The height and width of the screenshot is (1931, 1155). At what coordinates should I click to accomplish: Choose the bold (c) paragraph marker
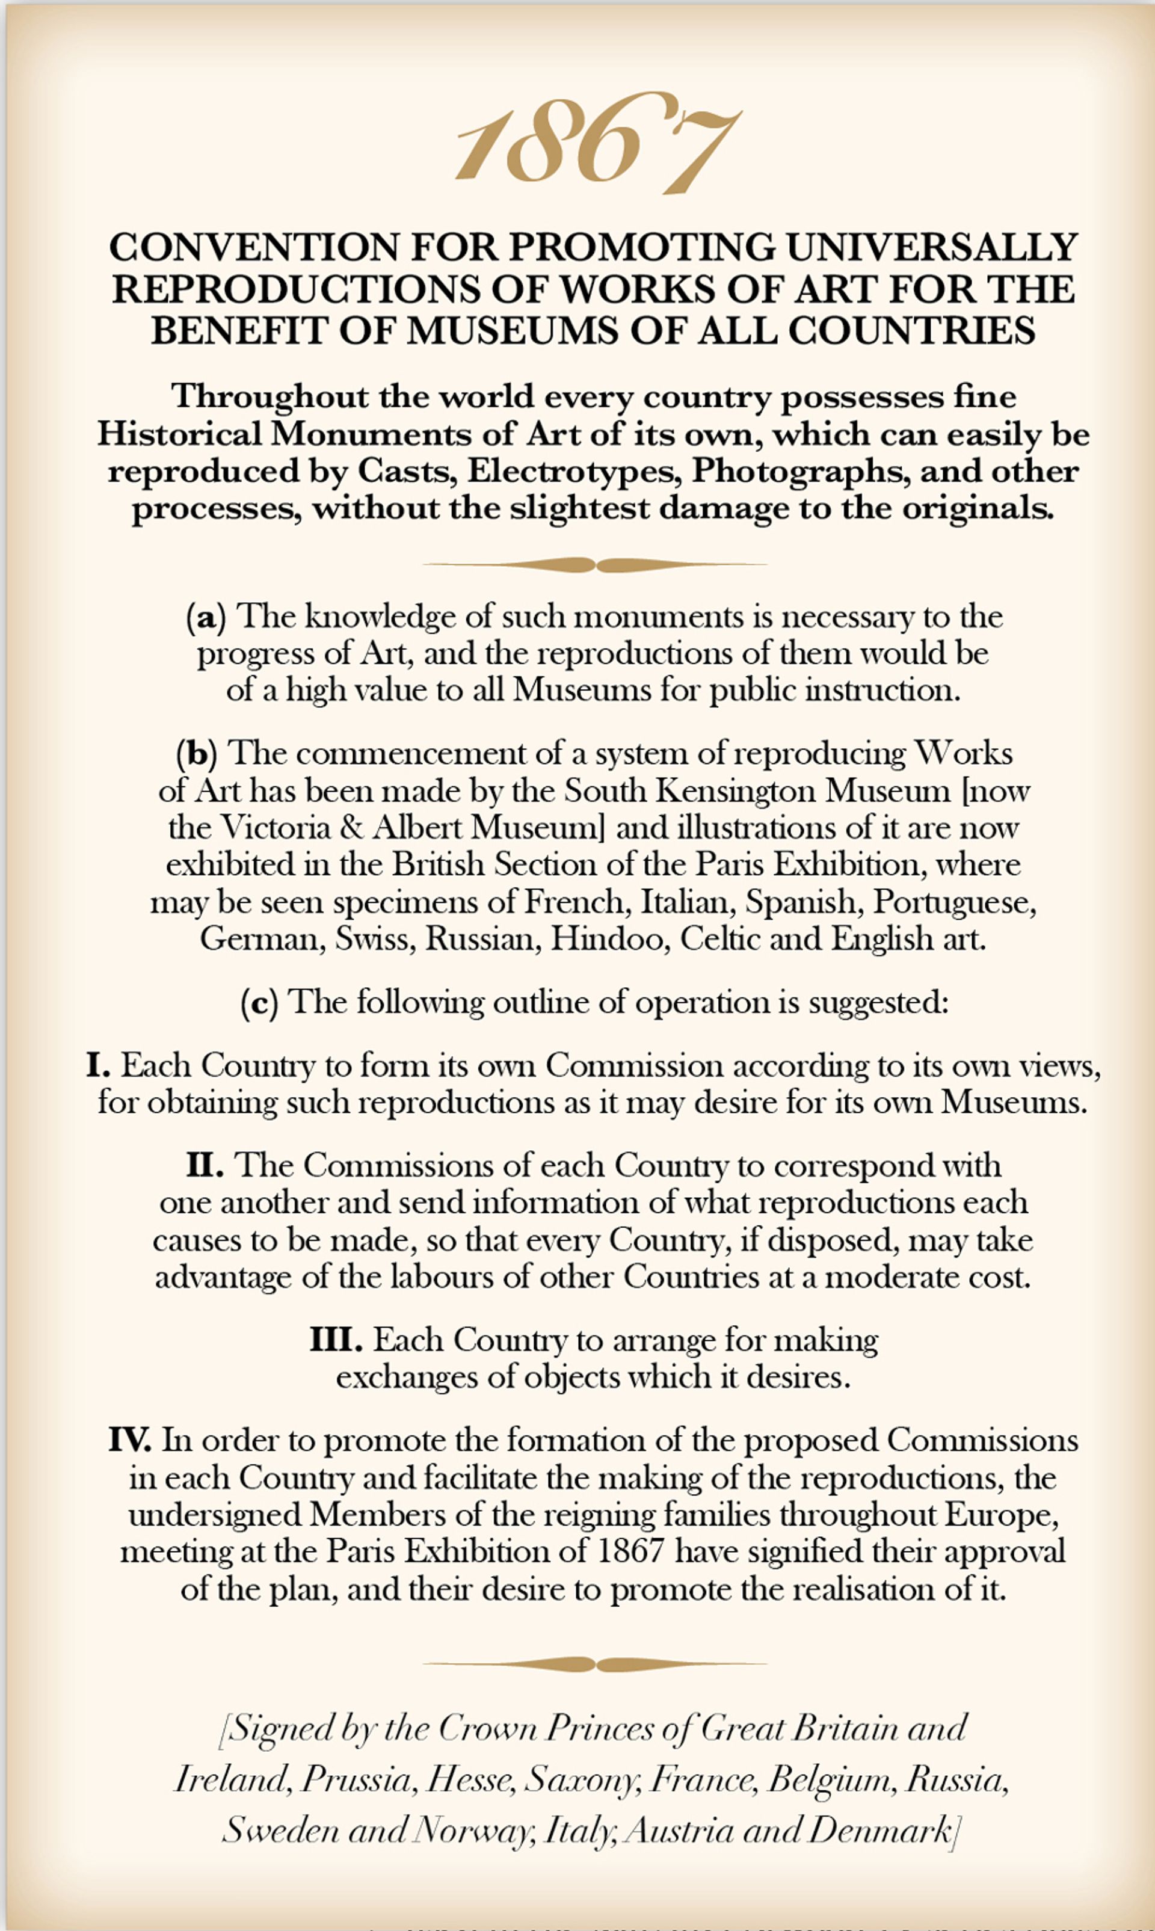pos(259,1002)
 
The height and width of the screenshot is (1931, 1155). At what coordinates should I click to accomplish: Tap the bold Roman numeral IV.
pos(130,1440)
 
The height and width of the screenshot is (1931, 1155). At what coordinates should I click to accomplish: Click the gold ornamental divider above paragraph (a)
pos(596,565)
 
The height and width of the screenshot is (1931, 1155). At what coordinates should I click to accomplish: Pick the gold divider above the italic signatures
pos(596,1665)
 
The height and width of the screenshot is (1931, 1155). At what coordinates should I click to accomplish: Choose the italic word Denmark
pos(879,1830)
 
